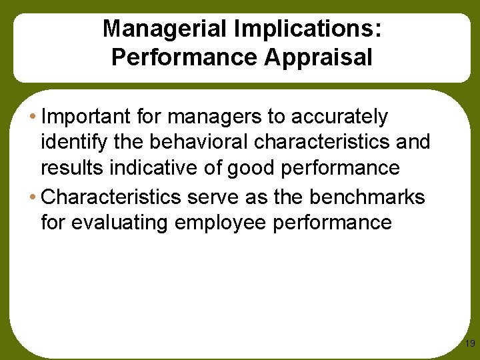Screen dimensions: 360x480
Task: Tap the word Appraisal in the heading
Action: tap(318, 57)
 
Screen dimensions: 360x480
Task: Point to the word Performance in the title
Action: tap(185, 57)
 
